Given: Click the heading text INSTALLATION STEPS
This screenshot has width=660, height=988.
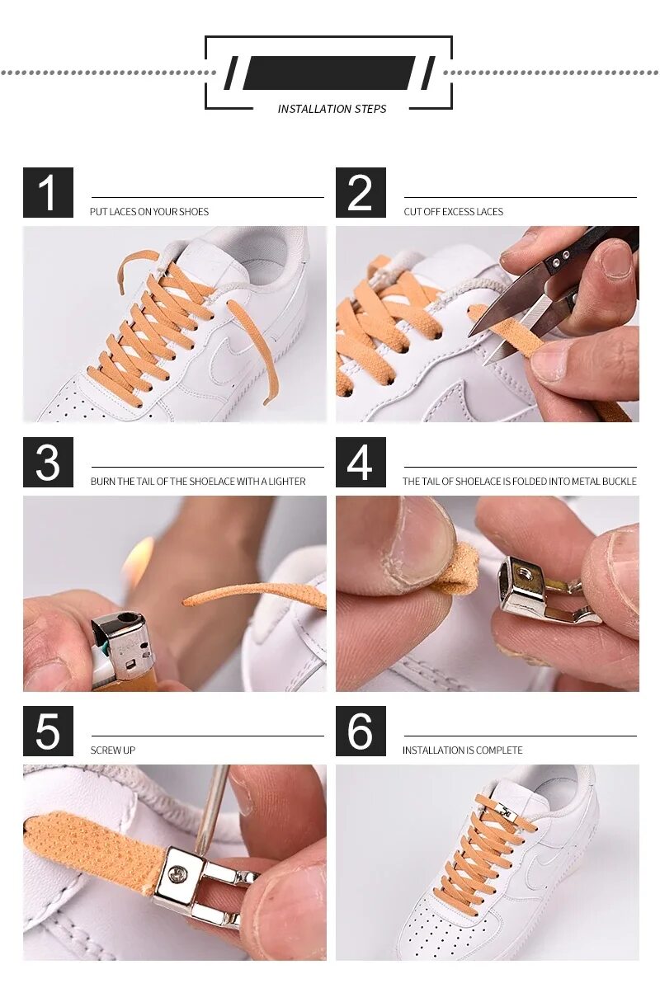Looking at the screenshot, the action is click(332, 109).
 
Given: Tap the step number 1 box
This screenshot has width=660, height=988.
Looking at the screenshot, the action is click(48, 193).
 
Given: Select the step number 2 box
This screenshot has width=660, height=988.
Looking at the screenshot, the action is click(361, 193).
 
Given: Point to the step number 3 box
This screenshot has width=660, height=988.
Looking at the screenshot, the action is click(48, 462).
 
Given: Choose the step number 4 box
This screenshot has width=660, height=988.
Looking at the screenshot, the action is click(361, 462).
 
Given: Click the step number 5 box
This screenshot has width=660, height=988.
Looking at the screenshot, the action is click(48, 731).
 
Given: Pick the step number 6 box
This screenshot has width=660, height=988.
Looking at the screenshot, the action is click(361, 731).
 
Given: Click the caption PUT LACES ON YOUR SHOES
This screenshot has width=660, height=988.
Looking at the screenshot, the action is click(149, 212).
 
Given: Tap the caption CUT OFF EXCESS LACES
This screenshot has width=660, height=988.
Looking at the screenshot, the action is click(454, 212).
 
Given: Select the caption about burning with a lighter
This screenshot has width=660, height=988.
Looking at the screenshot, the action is click(198, 482).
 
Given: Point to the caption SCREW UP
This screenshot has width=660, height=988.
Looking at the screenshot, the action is click(113, 750).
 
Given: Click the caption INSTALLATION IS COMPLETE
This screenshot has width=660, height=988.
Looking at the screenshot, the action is click(463, 750).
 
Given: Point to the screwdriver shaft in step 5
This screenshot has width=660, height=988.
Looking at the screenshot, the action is click(212, 807).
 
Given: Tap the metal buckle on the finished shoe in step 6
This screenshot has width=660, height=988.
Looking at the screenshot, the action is click(506, 813).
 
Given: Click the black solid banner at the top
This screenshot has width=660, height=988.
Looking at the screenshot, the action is click(329, 73).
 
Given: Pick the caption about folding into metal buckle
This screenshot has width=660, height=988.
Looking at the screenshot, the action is click(520, 482).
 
